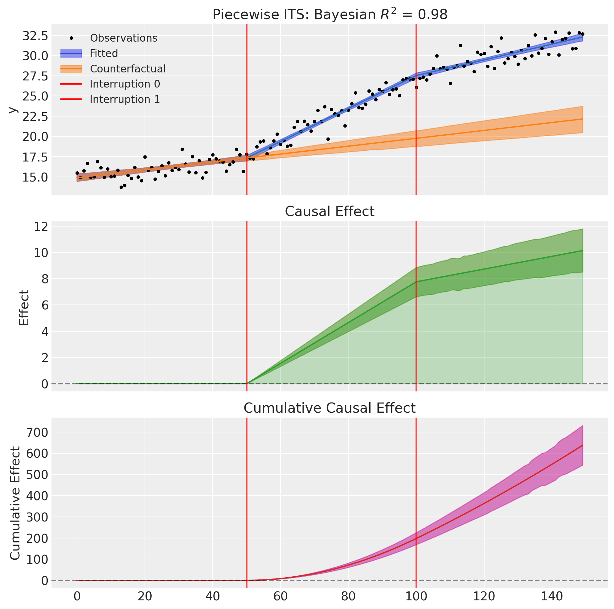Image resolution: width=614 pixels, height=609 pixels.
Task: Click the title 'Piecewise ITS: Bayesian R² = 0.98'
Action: tap(330, 14)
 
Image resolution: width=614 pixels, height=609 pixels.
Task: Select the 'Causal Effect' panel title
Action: tap(330, 211)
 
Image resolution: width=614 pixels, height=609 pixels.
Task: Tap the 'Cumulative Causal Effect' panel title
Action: tap(330, 408)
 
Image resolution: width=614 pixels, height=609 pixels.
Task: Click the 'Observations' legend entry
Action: tap(123, 38)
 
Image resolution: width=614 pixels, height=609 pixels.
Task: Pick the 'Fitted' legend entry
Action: tap(104, 53)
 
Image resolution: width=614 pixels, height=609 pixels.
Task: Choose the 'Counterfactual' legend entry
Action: tap(127, 69)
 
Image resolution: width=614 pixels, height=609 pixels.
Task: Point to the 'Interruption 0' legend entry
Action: tap(125, 84)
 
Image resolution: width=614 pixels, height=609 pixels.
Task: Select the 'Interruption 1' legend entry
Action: tap(125, 100)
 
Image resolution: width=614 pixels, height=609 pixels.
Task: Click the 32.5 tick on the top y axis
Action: tap(35, 36)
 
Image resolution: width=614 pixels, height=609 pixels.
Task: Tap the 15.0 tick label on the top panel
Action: tap(35, 177)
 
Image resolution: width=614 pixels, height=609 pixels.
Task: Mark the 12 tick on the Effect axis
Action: tap(42, 226)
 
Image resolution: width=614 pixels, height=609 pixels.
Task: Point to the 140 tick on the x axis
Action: tap(552, 596)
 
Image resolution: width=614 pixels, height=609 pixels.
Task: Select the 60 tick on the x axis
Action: tap(280, 596)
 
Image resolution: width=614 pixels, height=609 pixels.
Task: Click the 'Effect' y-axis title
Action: tap(24, 307)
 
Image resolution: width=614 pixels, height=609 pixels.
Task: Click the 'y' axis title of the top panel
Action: tap(13, 110)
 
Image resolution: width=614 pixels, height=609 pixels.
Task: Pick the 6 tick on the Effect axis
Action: tap(44, 305)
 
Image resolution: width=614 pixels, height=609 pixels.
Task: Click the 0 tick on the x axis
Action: tap(77, 596)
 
